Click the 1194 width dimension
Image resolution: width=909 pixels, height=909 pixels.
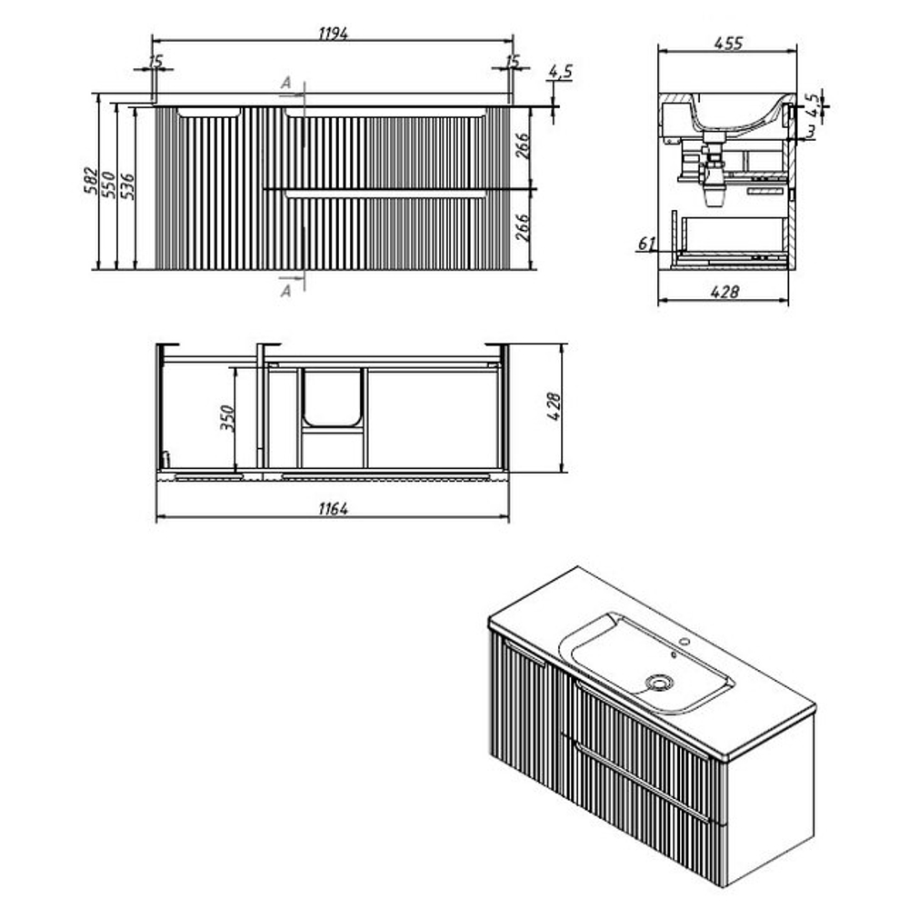(333, 34)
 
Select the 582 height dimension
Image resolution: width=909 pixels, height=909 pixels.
(90, 180)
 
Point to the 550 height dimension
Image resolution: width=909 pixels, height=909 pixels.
(108, 185)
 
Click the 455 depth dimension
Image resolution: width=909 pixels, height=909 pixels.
(728, 43)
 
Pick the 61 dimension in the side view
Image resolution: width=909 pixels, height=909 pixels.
(646, 244)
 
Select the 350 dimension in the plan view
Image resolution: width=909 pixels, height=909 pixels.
(227, 418)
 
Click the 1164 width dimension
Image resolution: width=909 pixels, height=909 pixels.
(333, 508)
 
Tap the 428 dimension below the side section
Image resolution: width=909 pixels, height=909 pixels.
(724, 291)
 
